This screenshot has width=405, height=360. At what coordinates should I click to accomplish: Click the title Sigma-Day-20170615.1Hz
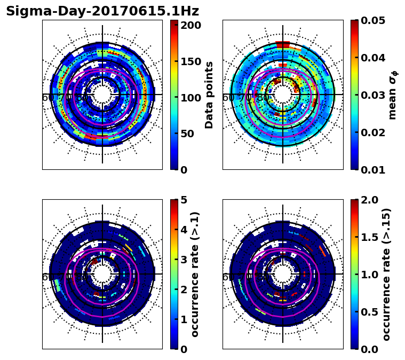102,11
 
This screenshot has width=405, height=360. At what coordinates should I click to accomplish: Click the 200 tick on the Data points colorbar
190,25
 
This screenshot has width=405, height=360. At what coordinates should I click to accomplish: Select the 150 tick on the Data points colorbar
190,61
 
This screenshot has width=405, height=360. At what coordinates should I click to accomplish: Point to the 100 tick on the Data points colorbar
190,98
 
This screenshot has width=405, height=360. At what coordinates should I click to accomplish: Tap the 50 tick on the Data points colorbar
190,134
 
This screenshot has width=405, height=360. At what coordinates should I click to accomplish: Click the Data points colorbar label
209,95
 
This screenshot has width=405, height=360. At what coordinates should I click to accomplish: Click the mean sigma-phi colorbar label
392,95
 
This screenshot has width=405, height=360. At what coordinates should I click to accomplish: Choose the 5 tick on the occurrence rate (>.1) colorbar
184,200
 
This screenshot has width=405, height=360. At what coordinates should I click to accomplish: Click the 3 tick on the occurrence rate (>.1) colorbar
184,260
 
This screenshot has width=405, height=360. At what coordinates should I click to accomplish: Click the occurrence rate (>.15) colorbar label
387,274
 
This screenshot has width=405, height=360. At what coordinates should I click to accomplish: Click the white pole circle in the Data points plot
102,95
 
